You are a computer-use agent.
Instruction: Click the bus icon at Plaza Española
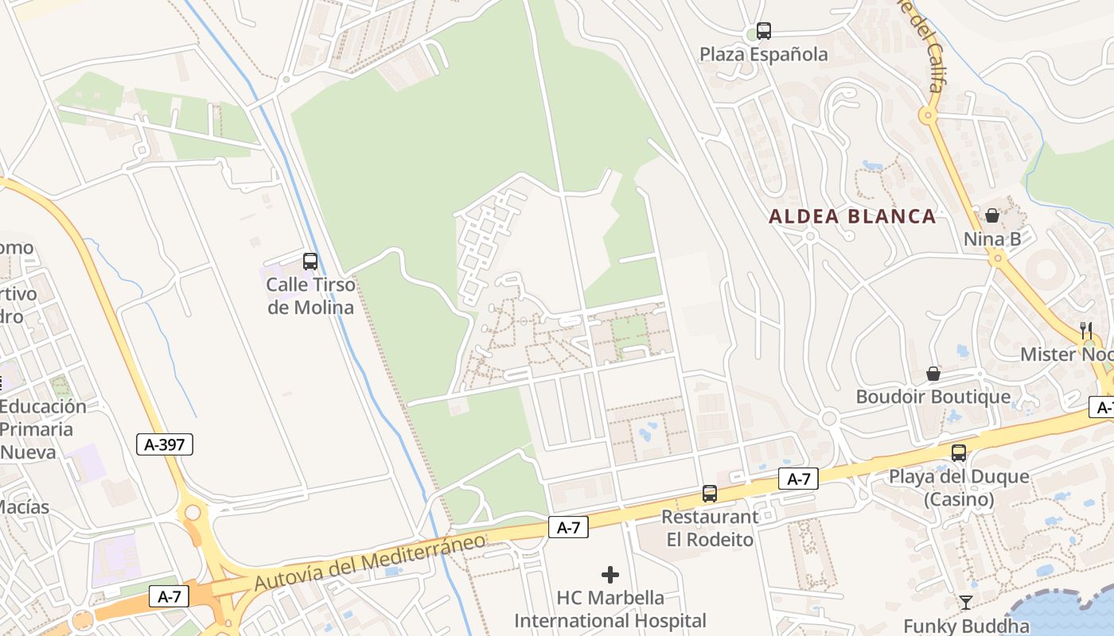(764, 31)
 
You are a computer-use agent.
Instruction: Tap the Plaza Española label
(764, 55)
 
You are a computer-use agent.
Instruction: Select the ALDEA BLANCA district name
(852, 216)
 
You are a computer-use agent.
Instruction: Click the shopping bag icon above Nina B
(992, 215)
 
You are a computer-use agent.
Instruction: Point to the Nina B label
(997, 239)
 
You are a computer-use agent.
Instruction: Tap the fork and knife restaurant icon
(1086, 331)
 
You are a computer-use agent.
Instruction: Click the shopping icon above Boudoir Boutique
(933, 374)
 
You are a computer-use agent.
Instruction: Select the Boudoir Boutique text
(933, 397)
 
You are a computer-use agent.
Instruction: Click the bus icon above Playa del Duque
(959, 453)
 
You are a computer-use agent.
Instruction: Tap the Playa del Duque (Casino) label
(959, 488)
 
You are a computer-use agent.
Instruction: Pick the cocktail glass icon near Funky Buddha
(966, 603)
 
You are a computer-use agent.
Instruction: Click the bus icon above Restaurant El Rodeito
(710, 494)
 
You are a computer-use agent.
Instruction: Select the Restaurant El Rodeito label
(710, 528)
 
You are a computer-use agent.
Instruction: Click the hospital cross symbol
(610, 574)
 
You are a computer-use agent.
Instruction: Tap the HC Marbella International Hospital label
(610, 609)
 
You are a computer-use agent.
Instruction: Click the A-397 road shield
(166, 444)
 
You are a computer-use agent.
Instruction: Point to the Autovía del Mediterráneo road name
(370, 562)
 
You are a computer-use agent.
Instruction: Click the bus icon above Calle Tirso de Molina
(310, 261)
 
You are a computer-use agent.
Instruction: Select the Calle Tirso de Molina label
(310, 296)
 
